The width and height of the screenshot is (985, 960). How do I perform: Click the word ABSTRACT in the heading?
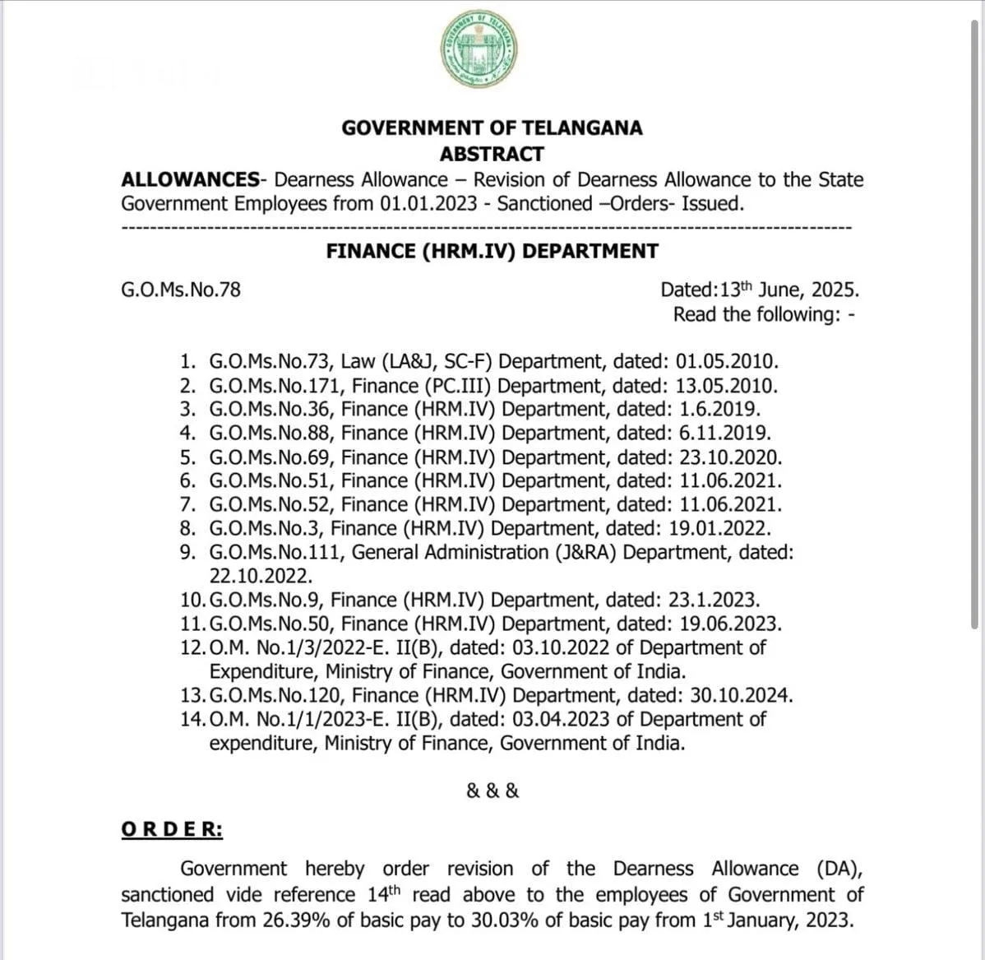click(492, 154)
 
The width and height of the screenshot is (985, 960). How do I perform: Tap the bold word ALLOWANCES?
click(190, 179)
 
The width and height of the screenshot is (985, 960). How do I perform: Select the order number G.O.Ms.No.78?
click(181, 290)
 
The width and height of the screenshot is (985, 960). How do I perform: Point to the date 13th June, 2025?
click(789, 290)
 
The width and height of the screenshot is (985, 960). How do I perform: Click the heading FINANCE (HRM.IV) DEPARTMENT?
click(492, 251)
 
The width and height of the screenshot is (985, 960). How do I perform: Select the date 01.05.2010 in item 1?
click(726, 361)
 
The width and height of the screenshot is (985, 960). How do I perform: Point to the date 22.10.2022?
click(261, 576)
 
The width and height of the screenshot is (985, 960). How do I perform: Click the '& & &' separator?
click(492, 791)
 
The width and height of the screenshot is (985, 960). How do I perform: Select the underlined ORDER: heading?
click(171, 829)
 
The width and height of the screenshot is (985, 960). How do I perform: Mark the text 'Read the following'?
click(751, 314)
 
